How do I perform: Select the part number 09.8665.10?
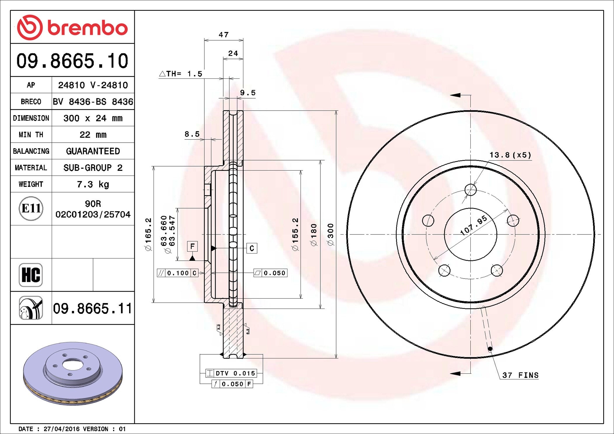tap(72, 61)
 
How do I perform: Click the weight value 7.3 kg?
tap(93, 184)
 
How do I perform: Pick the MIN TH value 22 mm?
tap(93, 135)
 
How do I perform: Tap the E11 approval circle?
tap(31, 208)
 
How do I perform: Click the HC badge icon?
tap(31, 275)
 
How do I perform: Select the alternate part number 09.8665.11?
tap(93, 308)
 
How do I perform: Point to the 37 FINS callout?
tap(520, 375)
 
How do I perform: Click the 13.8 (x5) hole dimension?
tap(510, 155)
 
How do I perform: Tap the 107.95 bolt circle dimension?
tap(473, 225)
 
